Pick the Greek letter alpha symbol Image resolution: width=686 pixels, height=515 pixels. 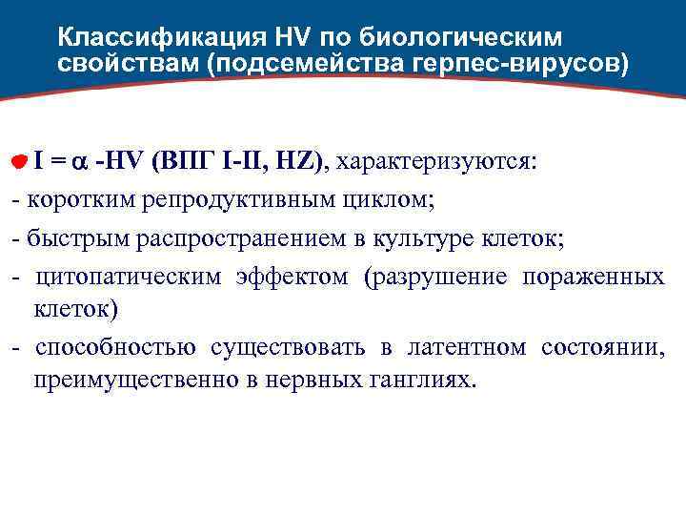coord(82,162)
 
